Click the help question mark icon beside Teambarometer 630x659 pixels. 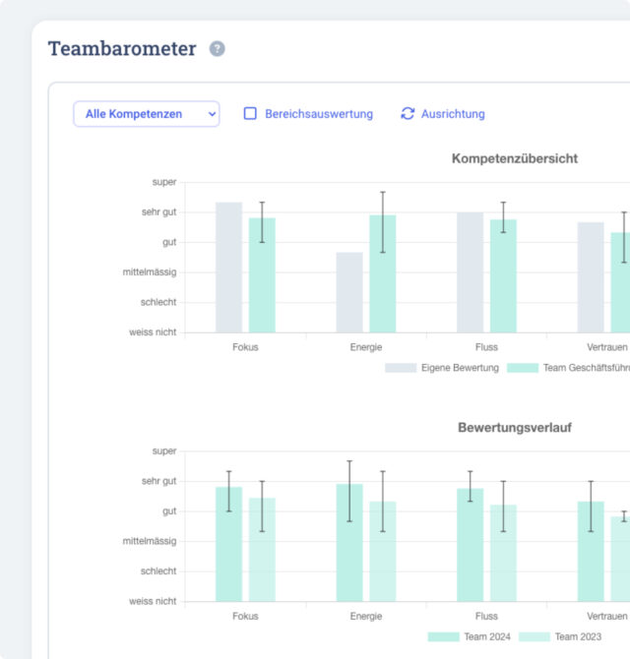tap(217, 49)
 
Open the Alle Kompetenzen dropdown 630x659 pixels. tap(147, 114)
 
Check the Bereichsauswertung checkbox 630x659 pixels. tap(250, 113)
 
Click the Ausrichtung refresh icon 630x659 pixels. tap(408, 113)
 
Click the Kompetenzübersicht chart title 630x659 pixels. tap(515, 158)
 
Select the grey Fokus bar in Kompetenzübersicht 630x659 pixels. tap(228, 268)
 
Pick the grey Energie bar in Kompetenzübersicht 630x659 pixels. tap(349, 292)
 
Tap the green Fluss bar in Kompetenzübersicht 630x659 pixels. tap(503, 276)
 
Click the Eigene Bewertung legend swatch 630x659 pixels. tap(401, 368)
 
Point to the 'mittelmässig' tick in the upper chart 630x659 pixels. tap(150, 272)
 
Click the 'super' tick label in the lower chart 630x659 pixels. tap(164, 450)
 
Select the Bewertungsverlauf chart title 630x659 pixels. tap(515, 428)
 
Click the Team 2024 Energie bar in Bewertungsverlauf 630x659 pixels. tap(349, 543)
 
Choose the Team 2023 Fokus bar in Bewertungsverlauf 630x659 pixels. tap(262, 550)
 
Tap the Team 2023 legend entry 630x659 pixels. tap(560, 637)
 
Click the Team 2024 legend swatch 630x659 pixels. tap(443, 637)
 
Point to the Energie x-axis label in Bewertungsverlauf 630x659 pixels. tap(366, 616)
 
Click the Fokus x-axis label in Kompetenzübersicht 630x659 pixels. tap(245, 347)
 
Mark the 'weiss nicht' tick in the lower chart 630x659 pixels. tap(153, 601)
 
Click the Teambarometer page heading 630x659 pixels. tap(122, 48)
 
